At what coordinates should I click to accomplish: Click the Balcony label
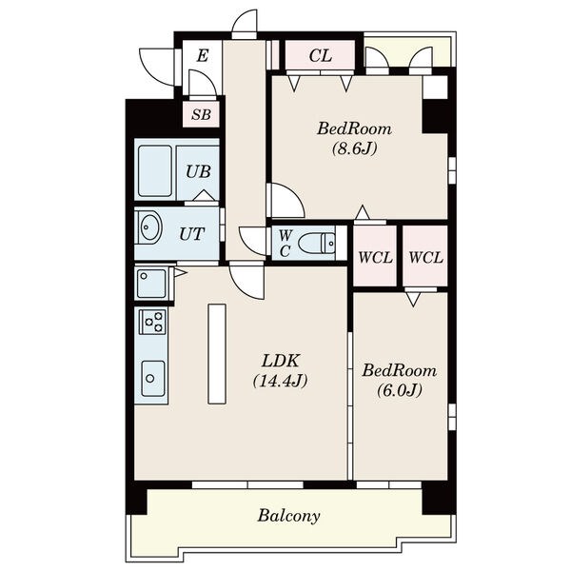tap(289, 516)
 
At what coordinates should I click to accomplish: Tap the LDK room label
tap(281, 361)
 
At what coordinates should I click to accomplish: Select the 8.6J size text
tap(354, 148)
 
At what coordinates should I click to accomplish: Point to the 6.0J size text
tap(400, 390)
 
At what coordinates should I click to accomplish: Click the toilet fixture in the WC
tap(317, 243)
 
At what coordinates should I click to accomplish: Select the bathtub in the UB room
tap(155, 170)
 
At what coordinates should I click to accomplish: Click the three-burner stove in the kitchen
tap(153, 321)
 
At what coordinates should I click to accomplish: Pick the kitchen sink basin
tap(153, 379)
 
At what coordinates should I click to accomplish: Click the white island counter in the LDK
tap(217, 354)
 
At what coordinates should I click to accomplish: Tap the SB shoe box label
tap(201, 115)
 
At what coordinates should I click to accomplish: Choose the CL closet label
tap(321, 55)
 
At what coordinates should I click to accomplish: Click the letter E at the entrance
tap(203, 56)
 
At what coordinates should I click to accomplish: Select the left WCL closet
tap(375, 256)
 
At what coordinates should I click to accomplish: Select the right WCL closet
tap(425, 256)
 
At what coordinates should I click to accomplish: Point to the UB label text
tap(198, 171)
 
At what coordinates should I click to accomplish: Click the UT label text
tap(191, 234)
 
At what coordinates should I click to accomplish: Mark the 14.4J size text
tap(281, 381)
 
